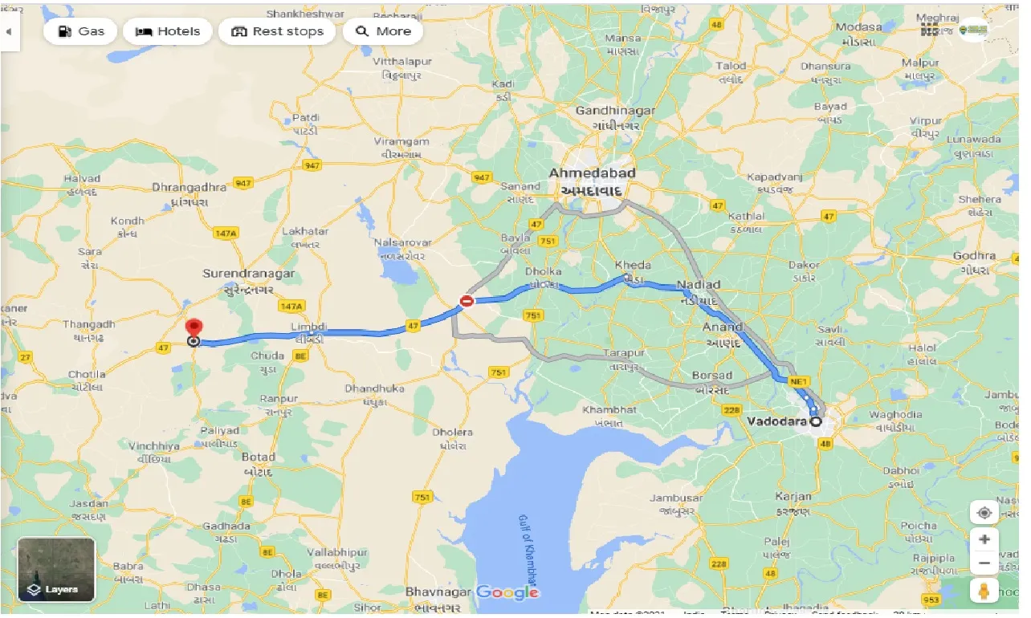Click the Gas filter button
(79, 31)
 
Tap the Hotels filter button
(168, 31)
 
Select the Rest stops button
(277, 31)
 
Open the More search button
(383, 31)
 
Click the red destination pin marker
(194, 329)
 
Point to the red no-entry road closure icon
(466, 301)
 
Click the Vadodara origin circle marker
(817, 421)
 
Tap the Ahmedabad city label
(592, 173)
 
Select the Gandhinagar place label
(616, 112)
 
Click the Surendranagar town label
(248, 274)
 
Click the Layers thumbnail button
(56, 569)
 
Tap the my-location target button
(984, 513)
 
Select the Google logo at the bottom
(507, 592)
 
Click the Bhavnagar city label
(438, 592)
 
